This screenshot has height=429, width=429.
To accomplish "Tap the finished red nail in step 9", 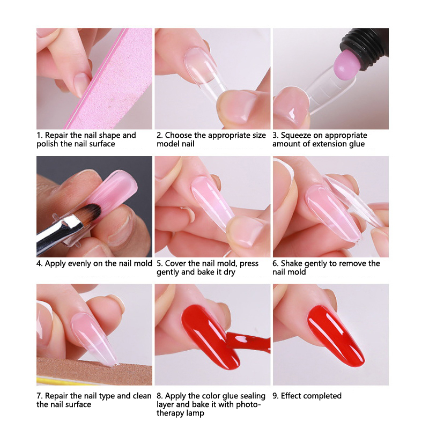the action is pyautogui.click(x=335, y=335).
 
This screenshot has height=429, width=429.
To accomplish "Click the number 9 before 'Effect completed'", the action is pyautogui.click(x=275, y=396).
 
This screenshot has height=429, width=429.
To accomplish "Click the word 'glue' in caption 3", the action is pyautogui.click(x=356, y=144).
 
